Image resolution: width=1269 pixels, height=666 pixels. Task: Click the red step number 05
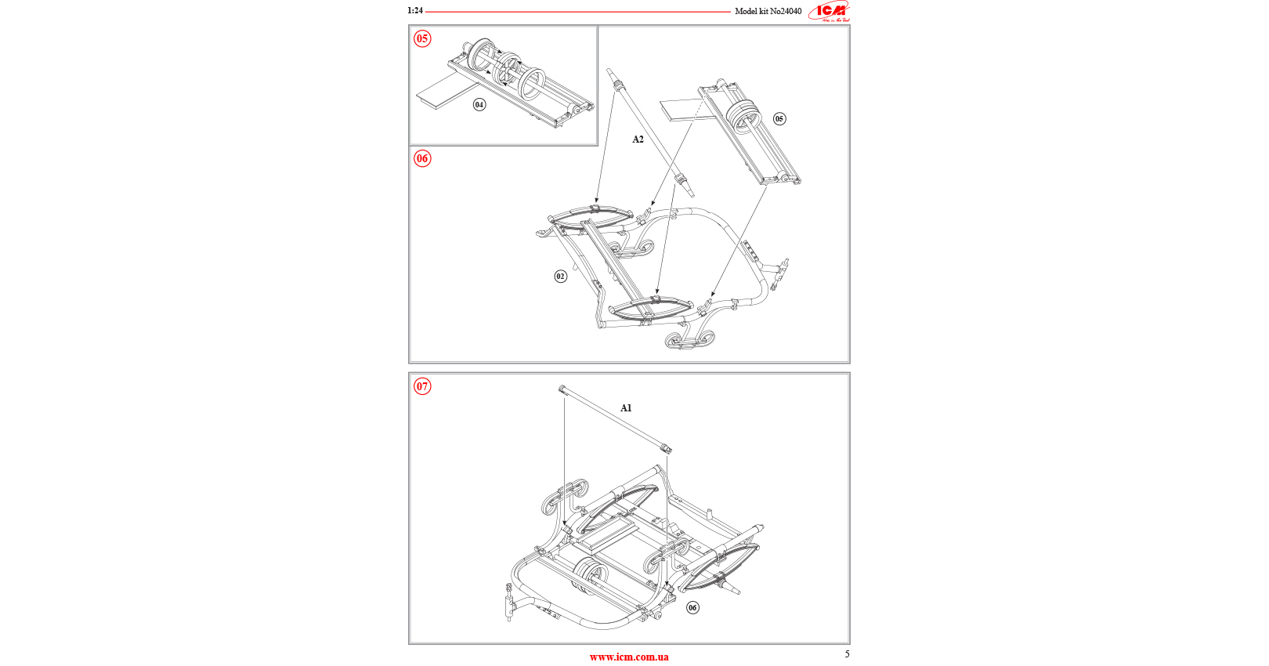pos(422,38)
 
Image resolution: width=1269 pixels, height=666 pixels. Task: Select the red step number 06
pos(422,158)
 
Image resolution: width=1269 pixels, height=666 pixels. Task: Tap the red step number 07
pos(422,385)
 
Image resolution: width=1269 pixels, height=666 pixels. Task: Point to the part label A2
pos(638,139)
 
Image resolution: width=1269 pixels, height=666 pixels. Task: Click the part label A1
pos(626,408)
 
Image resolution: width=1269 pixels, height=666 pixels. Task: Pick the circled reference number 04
pos(479,104)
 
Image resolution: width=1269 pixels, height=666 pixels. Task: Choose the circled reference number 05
pos(779,119)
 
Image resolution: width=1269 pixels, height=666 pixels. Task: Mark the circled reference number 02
pos(560,276)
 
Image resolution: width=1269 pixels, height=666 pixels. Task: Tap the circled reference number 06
pos(692,607)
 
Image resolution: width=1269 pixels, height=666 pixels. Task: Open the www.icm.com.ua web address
pos(629,657)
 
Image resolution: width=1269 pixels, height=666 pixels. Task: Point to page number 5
pos(847,653)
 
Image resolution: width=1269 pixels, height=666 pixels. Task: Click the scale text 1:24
pos(415,11)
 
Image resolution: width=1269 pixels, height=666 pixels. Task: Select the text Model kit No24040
pos(768,12)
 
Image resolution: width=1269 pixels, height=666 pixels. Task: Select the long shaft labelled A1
pos(615,418)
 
